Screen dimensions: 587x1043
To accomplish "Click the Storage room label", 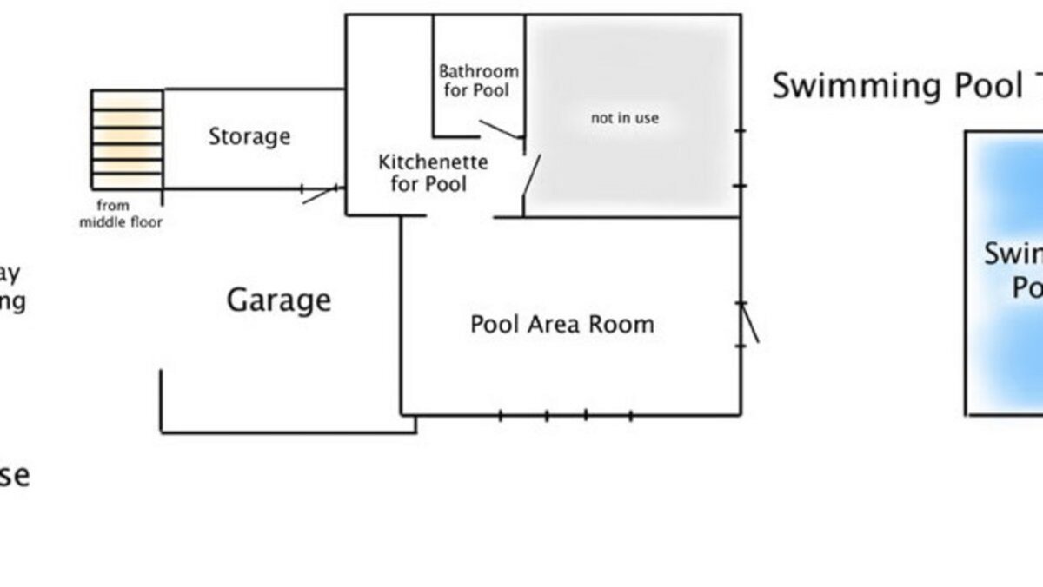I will coord(249,136).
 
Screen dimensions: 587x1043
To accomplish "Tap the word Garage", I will coord(279,300).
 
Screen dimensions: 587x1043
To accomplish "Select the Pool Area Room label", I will coord(561,324).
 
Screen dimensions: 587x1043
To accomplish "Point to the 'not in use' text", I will coord(624,117).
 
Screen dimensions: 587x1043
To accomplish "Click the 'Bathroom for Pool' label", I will coord(478,80).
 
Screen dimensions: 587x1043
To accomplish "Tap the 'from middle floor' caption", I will coord(121,214).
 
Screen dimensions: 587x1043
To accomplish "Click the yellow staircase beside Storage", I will coord(127,138).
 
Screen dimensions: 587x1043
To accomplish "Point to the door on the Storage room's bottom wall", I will coord(320,194).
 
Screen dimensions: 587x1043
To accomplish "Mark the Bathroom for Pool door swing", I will coord(500,130).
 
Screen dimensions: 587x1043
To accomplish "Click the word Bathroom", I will coord(478,71).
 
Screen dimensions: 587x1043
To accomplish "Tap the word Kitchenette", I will coord(433,162).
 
